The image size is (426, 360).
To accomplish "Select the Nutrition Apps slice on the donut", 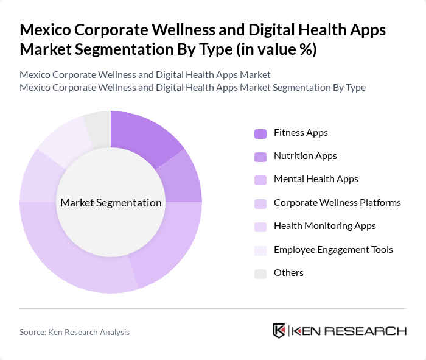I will pos(182,177).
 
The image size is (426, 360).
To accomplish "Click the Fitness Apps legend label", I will pos(301,132).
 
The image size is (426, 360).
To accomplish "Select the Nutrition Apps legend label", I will pos(305,155).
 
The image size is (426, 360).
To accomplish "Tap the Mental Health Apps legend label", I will pos(316,179).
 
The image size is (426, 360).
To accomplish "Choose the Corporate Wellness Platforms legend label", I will pos(337,202).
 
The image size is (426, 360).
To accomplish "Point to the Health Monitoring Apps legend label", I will pos(324,225).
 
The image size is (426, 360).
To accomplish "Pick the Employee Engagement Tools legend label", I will pos(333,249).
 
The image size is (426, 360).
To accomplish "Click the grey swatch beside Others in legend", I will pos(260,274).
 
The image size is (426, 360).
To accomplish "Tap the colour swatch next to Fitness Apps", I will pos(260,133).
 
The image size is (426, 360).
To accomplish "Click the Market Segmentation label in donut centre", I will pos(111,203).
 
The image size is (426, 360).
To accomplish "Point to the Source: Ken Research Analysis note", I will pos(74,332).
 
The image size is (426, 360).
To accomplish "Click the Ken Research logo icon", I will pos(279,331).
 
